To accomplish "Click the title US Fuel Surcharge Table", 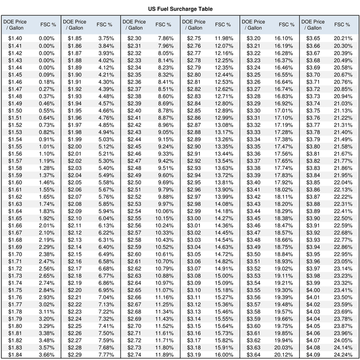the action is pyautogui.click(x=180, y=9).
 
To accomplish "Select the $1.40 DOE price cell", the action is pyautogui.click(x=15, y=39).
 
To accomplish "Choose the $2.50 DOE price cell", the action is pyautogui.click(x=135, y=182).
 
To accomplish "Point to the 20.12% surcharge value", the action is pyautogui.click(x=284, y=355).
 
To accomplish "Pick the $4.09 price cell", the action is pyautogui.click(x=314, y=355).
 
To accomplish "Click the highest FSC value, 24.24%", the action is pyautogui.click(x=344, y=355).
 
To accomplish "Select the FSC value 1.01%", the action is pyautogui.click(x=46, y=146).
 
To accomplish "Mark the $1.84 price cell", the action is pyautogui.click(x=15, y=355).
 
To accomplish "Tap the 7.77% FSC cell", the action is pyautogui.click(x=106, y=355).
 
